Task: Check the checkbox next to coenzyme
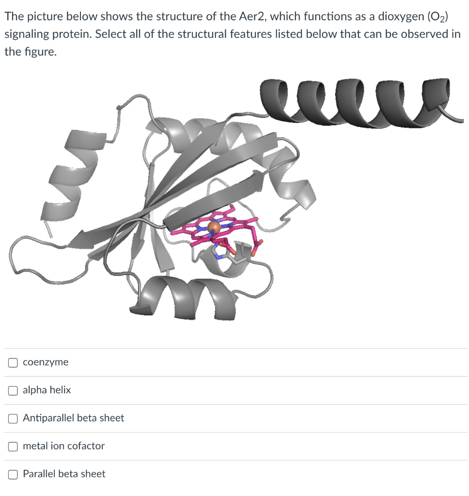click(x=13, y=362)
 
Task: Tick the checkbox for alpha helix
click(x=13, y=390)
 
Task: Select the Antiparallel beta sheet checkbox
click(x=13, y=418)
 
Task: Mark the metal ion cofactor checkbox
click(x=13, y=446)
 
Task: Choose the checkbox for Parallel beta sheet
click(x=13, y=474)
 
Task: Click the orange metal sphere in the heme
click(x=214, y=227)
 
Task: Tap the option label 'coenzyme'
click(x=46, y=362)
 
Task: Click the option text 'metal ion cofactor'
click(x=63, y=446)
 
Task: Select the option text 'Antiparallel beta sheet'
click(x=73, y=418)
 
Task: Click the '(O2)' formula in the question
click(x=437, y=16)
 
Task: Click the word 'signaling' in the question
click(x=25, y=35)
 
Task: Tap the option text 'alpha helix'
click(x=47, y=390)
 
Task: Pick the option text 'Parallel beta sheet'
click(x=64, y=474)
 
